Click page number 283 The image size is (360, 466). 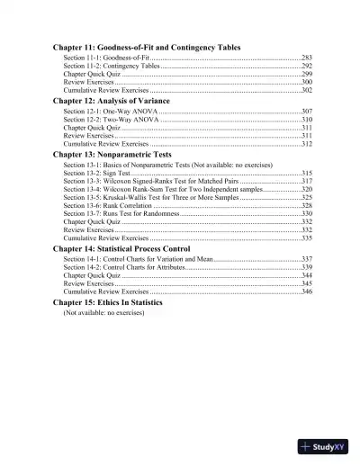(x=306, y=57)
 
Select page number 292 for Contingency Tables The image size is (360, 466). (x=306, y=66)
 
